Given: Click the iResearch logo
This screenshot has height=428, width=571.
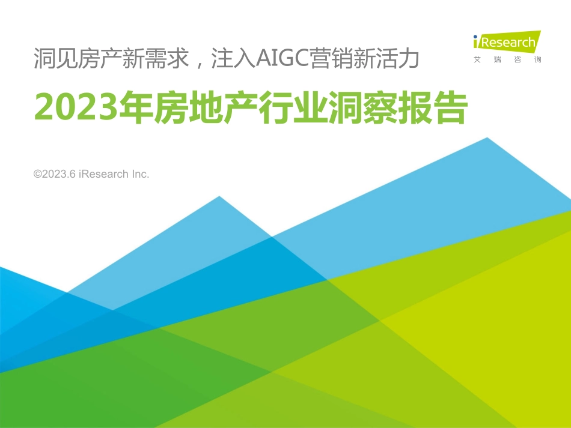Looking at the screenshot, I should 507,43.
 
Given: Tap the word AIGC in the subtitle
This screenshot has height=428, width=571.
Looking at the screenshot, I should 282,58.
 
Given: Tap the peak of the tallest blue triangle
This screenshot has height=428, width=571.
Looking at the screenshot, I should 487,139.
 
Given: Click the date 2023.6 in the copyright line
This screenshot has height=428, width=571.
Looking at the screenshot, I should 60,174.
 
